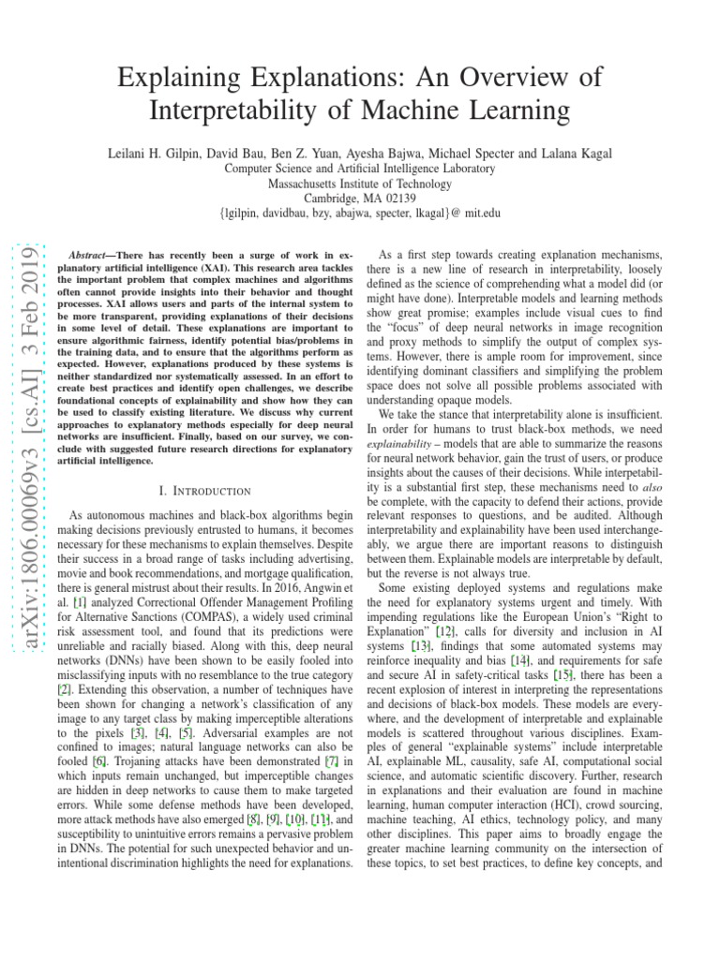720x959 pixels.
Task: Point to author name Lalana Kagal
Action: click(x=576, y=152)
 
